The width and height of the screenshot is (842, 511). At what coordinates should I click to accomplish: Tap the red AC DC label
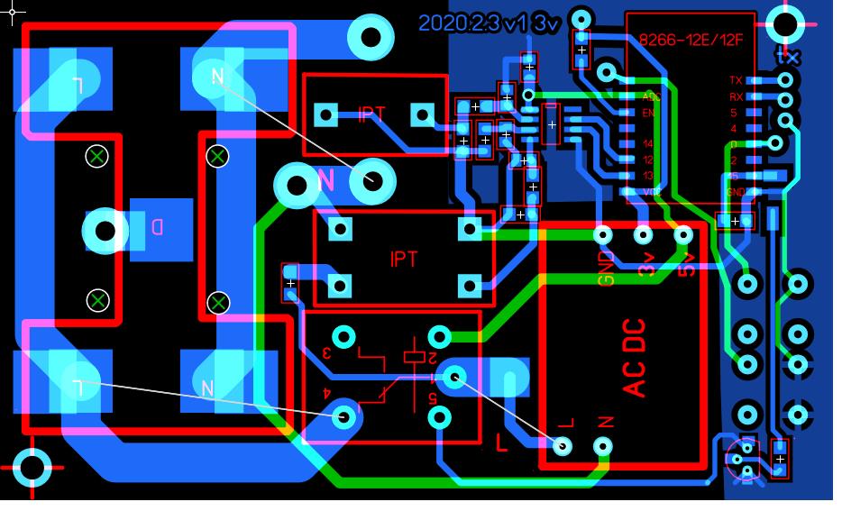pyautogui.click(x=636, y=357)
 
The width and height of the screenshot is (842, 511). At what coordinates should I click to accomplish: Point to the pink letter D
pyautogui.click(x=157, y=227)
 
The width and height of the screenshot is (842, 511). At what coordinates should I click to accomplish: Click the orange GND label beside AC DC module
pyautogui.click(x=605, y=268)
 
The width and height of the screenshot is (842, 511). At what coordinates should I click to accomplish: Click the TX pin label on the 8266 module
pyautogui.click(x=736, y=81)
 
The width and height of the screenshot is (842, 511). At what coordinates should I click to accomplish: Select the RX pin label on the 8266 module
pyautogui.click(x=736, y=96)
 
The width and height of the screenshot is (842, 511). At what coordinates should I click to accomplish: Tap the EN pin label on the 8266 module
pyautogui.click(x=647, y=113)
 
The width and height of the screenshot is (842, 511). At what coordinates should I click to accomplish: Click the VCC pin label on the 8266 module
pyautogui.click(x=649, y=192)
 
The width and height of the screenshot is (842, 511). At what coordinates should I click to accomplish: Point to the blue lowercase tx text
pyautogui.click(x=789, y=56)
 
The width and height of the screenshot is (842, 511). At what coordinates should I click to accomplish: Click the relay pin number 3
pyautogui.click(x=326, y=352)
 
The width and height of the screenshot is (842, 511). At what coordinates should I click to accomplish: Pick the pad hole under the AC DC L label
pyautogui.click(x=563, y=445)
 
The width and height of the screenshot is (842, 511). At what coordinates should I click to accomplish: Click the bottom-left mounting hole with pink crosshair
pyautogui.click(x=33, y=467)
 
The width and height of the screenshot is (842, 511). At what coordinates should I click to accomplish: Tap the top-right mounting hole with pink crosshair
pyautogui.click(x=786, y=25)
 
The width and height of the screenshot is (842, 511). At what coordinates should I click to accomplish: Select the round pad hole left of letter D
pyautogui.click(x=105, y=231)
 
